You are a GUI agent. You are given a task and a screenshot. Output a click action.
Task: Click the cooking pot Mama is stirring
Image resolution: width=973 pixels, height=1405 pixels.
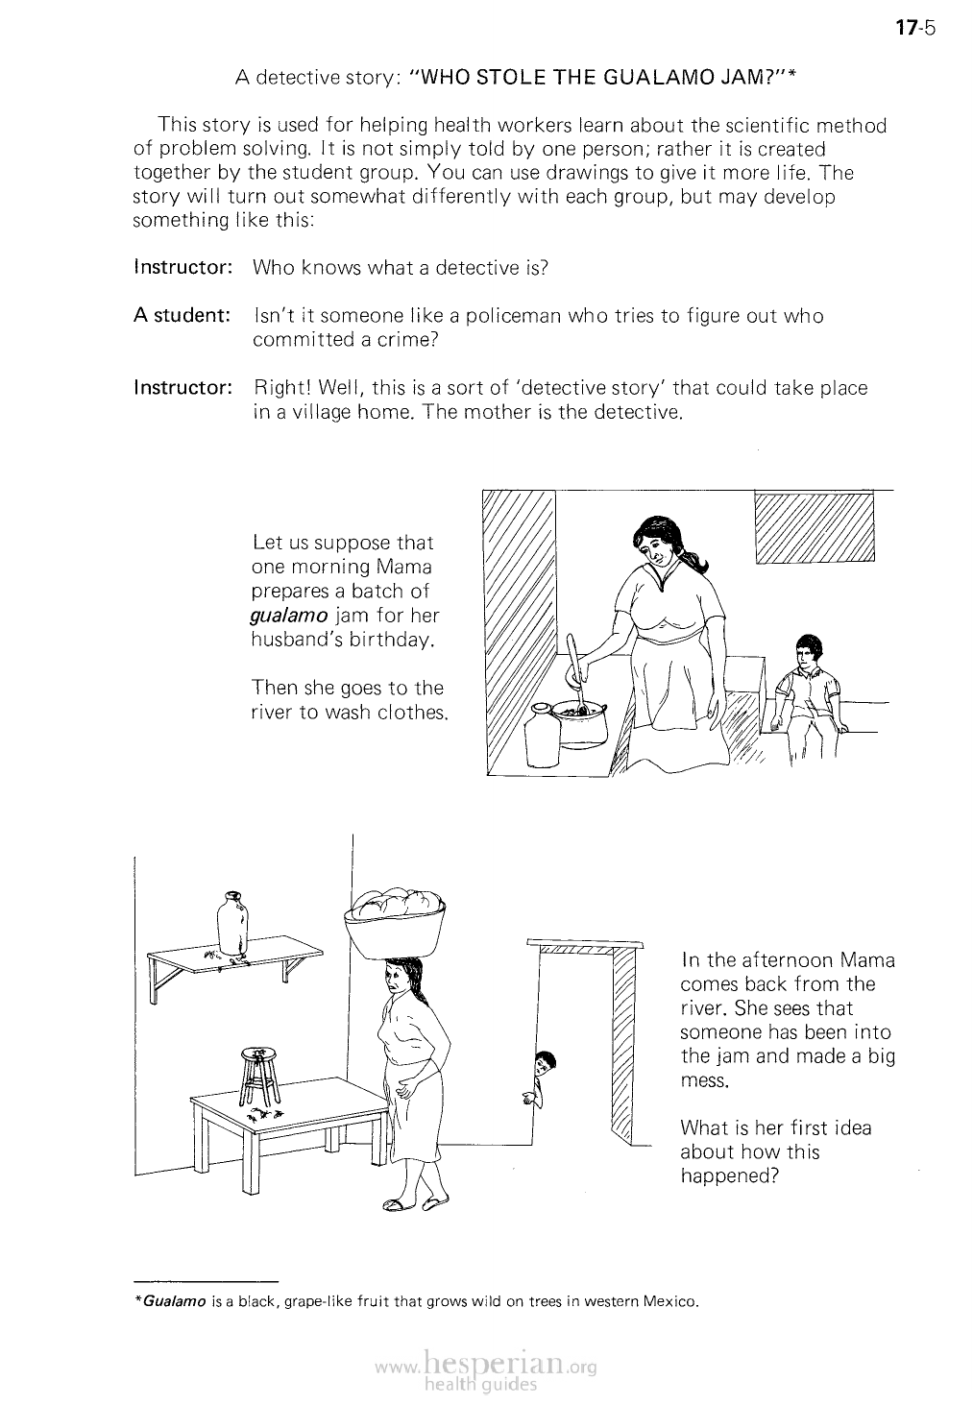click(582, 721)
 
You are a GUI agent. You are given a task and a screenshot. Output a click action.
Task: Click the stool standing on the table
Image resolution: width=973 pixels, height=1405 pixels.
click(258, 1077)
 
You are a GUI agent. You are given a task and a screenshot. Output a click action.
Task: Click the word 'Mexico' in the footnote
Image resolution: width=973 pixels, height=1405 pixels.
click(668, 1302)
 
